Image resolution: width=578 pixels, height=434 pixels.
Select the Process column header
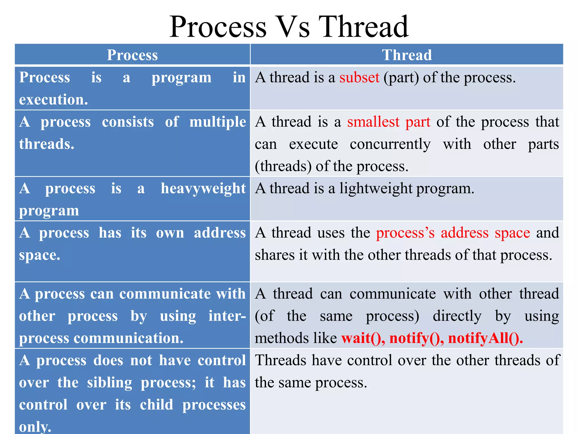[x=132, y=55]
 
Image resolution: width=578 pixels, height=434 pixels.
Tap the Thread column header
[x=407, y=55]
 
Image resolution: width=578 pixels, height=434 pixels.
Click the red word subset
[x=359, y=77]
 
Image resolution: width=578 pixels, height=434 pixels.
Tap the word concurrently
[x=390, y=144]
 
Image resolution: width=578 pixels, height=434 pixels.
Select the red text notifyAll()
[x=485, y=338]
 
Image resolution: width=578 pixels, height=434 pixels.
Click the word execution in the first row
[x=53, y=100]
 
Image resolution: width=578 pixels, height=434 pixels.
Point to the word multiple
[x=218, y=122]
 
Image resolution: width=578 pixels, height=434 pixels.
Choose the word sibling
[x=110, y=383]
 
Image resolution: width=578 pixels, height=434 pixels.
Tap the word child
[x=156, y=405]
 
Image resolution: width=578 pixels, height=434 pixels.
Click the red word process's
[x=405, y=233]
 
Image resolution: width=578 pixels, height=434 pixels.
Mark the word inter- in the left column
[x=227, y=316]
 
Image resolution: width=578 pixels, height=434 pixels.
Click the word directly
[x=457, y=316]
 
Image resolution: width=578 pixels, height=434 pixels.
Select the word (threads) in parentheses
[x=283, y=166]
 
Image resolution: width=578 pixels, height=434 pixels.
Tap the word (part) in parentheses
[x=401, y=77]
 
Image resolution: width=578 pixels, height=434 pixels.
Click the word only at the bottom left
[x=35, y=427]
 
